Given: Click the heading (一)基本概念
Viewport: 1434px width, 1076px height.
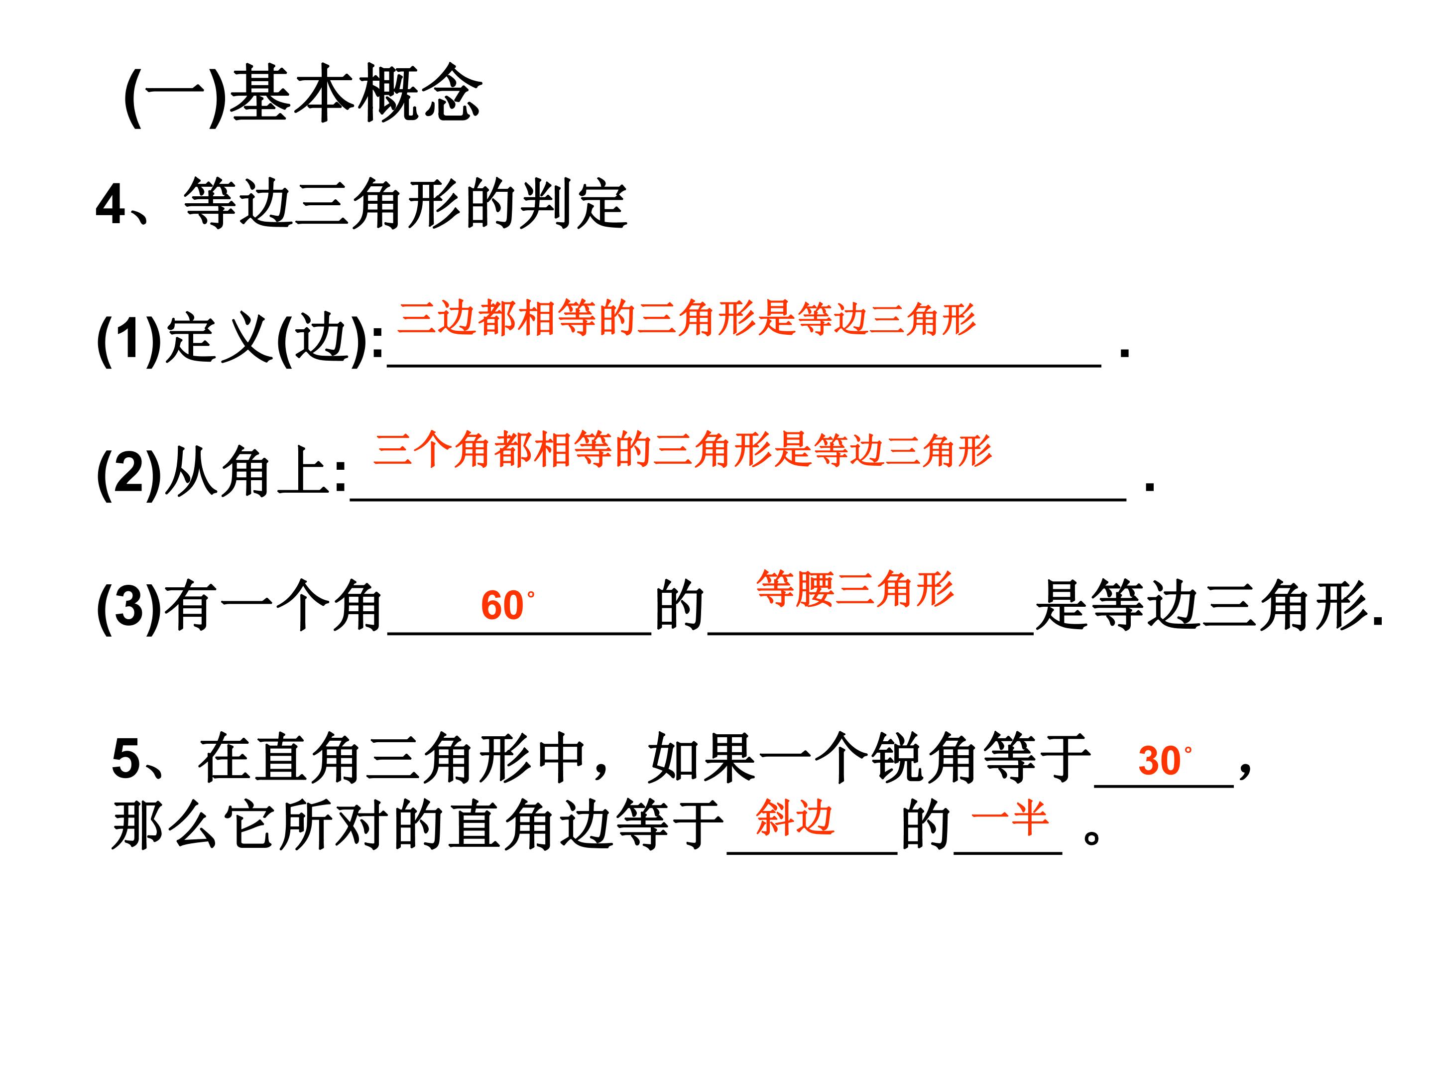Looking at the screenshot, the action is point(303,95).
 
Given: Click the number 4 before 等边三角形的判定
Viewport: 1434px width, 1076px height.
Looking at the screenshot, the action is point(110,205).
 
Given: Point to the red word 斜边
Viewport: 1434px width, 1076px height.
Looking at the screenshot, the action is point(795,818).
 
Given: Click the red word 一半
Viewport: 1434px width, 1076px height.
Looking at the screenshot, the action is point(1010,818).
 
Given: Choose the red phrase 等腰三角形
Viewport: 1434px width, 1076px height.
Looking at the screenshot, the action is point(855,589).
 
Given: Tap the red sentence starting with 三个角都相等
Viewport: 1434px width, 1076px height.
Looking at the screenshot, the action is point(683,449).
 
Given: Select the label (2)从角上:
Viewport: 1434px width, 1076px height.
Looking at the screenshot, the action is point(222,472).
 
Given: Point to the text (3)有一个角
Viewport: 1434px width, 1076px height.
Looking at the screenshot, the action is point(239,606).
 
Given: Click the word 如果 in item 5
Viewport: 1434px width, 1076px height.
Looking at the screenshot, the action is point(702,758).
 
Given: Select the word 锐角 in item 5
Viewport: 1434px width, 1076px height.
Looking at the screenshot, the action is point(925,758).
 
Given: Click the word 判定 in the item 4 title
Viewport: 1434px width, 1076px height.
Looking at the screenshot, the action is point(573,204).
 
